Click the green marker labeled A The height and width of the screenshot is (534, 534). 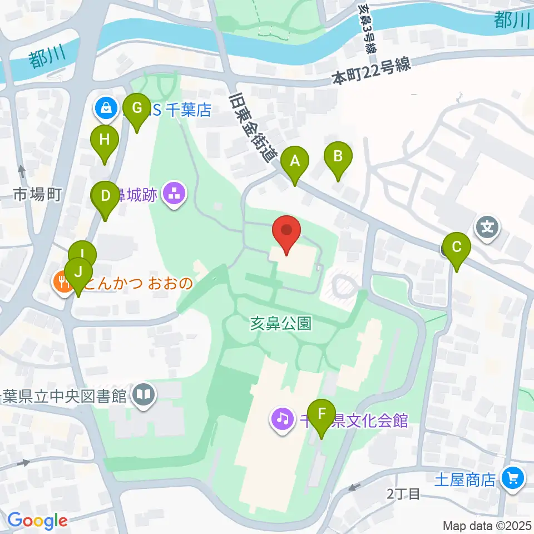[294, 162]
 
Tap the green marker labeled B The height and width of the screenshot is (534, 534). [338, 156]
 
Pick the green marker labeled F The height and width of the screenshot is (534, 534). [321, 414]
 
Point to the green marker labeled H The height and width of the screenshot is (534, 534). [105, 140]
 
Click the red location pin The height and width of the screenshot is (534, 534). [286, 231]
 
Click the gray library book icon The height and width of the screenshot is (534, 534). [144, 396]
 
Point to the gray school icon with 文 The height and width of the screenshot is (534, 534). [487, 227]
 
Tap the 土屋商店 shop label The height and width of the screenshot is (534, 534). [465, 479]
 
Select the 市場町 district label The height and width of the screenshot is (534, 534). [37, 195]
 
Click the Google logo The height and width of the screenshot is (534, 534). [37, 521]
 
